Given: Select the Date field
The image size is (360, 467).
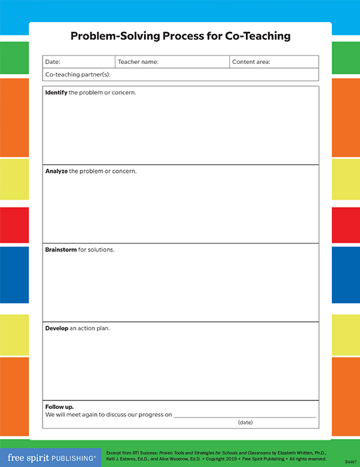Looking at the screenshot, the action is coord(79,62).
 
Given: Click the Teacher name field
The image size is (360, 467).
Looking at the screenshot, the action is coord(171,62).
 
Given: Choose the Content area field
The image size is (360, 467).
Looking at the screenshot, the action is coord(273,62).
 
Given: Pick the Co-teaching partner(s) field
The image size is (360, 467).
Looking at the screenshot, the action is coord(180,74).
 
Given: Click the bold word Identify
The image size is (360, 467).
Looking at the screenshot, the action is coord(56,92).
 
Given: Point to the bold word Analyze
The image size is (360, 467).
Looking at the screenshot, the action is coord(57,171).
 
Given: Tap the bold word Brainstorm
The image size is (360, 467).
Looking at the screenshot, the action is coord(61,250).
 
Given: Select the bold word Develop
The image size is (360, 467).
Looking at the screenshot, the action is coord(57,328).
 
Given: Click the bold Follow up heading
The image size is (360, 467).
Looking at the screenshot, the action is coord(59,406).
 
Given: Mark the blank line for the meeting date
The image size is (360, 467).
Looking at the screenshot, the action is coord(245,415).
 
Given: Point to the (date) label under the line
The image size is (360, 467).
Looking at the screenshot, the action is coord(245,423).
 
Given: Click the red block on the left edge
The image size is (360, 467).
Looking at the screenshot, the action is coord(14,225).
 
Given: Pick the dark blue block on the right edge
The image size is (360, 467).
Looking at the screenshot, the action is coord(345,274).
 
